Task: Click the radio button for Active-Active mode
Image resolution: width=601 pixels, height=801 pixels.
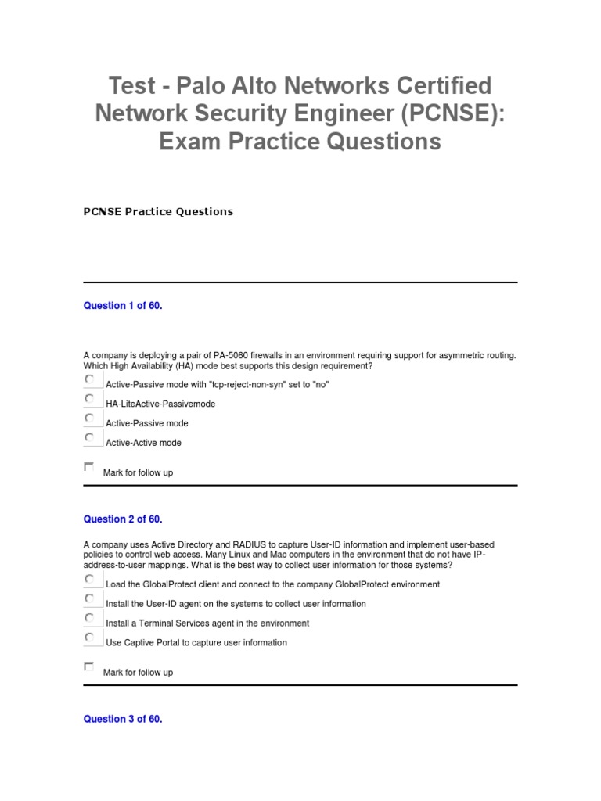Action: coord(89,438)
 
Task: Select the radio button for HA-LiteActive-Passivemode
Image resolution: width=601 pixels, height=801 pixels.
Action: coord(89,399)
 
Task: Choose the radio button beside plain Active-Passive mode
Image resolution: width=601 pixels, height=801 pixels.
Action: coord(89,418)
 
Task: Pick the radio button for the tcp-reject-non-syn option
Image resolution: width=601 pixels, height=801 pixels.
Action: coord(89,379)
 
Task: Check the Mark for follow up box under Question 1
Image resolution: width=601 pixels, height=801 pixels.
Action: coord(88,467)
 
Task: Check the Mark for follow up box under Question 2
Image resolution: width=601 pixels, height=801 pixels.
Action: coord(88,666)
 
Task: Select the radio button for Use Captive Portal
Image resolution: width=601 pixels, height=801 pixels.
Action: coord(89,638)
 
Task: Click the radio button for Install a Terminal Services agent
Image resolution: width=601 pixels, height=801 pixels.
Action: coord(89,619)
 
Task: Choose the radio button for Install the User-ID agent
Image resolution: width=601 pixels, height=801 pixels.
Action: coord(89,599)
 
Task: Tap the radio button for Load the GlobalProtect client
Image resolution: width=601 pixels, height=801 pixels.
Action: coord(89,580)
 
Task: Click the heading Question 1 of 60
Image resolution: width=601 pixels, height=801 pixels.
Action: coord(123,306)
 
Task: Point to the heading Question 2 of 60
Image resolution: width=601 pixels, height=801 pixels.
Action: coord(123,519)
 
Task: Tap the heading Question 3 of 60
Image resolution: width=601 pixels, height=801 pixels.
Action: coord(123,719)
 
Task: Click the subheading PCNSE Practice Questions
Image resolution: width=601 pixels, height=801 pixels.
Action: coord(158,211)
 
